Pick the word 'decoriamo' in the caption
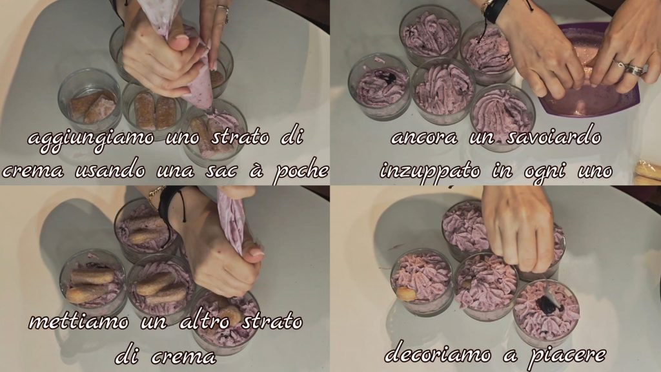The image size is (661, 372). pos(438,355)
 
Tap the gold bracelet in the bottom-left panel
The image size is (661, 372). pos(155,192)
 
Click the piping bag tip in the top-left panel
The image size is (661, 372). pos(210,108)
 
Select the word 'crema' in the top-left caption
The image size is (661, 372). pos(33,171)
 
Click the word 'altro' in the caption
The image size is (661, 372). pos(205,322)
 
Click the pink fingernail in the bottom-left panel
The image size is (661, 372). pos(256,253)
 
